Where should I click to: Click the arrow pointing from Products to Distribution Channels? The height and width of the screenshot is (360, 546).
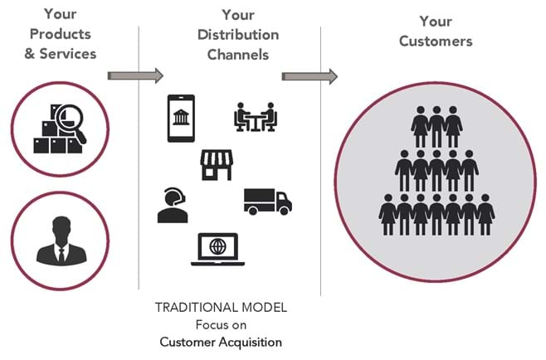(136, 75)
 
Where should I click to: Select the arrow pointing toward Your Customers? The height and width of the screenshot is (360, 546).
(310, 76)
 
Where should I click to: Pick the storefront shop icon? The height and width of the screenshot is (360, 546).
(215, 164)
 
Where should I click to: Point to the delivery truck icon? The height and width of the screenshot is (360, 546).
(267, 200)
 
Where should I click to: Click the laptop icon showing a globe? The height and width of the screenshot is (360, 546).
(217, 250)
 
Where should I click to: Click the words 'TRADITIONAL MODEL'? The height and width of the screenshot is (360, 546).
(221, 308)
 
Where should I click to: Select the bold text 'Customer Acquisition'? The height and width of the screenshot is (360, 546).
(221, 341)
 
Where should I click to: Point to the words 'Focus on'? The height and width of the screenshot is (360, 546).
(221, 324)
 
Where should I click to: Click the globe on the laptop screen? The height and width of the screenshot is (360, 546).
(217, 246)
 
